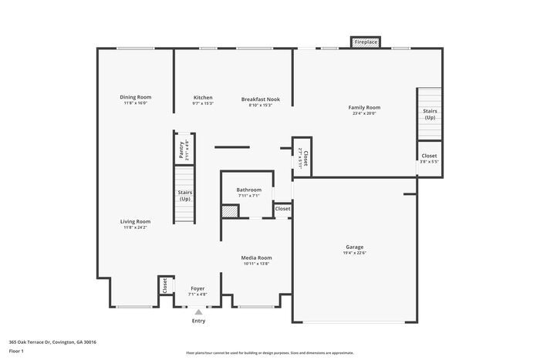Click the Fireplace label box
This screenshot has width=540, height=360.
point(366,42)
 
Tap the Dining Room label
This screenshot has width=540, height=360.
point(135,97)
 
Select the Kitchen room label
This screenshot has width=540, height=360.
point(203,97)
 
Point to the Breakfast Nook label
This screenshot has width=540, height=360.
point(260,99)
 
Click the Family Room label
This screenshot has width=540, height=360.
point(364,107)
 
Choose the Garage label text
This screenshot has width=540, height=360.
point(354,247)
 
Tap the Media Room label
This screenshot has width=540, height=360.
point(256,257)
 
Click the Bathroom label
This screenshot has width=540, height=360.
point(248,190)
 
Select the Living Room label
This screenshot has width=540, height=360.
point(135,221)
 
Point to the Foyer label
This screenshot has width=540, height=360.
point(197,288)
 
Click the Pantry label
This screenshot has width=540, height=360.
point(181,149)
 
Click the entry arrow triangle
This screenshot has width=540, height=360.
point(198,312)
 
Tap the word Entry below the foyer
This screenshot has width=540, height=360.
point(198,321)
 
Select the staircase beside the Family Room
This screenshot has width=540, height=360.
point(430,114)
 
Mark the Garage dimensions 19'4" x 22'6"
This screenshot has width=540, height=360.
point(354,253)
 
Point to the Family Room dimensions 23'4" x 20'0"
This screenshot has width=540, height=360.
point(364,113)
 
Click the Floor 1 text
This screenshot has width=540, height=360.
point(16,351)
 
